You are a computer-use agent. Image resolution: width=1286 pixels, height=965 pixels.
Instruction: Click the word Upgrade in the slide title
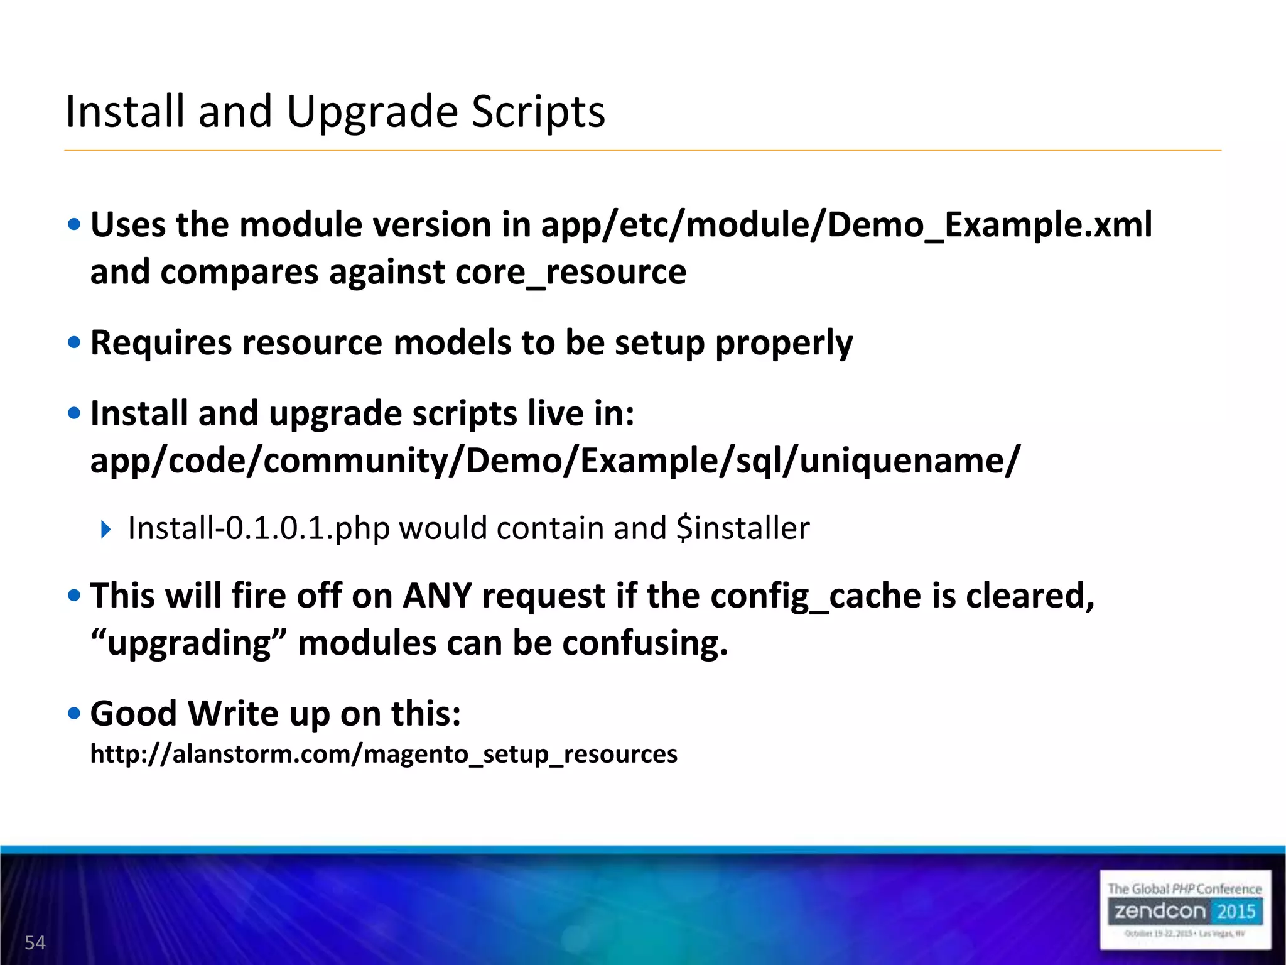[372, 112]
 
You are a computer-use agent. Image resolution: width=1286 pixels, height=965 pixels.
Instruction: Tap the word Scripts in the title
[538, 112]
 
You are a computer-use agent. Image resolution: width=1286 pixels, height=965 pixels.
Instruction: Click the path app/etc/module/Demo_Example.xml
[846, 225]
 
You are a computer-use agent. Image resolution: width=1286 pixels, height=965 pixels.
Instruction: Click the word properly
[784, 343]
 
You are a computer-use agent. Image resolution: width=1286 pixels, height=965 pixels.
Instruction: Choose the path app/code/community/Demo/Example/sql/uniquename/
[555, 461]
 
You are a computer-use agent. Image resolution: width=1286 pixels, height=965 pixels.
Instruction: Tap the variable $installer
[743, 528]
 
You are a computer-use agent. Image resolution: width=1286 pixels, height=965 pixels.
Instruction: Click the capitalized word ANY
[437, 596]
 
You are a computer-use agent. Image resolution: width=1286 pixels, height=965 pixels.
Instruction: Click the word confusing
[644, 643]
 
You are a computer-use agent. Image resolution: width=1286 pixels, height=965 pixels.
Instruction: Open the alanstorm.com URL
[384, 754]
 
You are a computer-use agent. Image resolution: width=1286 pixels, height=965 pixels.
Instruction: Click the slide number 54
[35, 942]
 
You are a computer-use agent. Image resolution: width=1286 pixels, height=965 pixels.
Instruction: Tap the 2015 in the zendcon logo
[1236, 911]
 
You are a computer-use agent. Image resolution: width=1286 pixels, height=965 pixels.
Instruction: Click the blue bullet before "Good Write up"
[75, 713]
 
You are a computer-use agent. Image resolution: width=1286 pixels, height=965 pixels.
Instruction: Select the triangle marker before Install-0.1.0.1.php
[105, 529]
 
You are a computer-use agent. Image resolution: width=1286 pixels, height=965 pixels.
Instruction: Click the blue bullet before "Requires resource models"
[75, 342]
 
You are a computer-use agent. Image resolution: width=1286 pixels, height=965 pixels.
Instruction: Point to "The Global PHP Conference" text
[1184, 888]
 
